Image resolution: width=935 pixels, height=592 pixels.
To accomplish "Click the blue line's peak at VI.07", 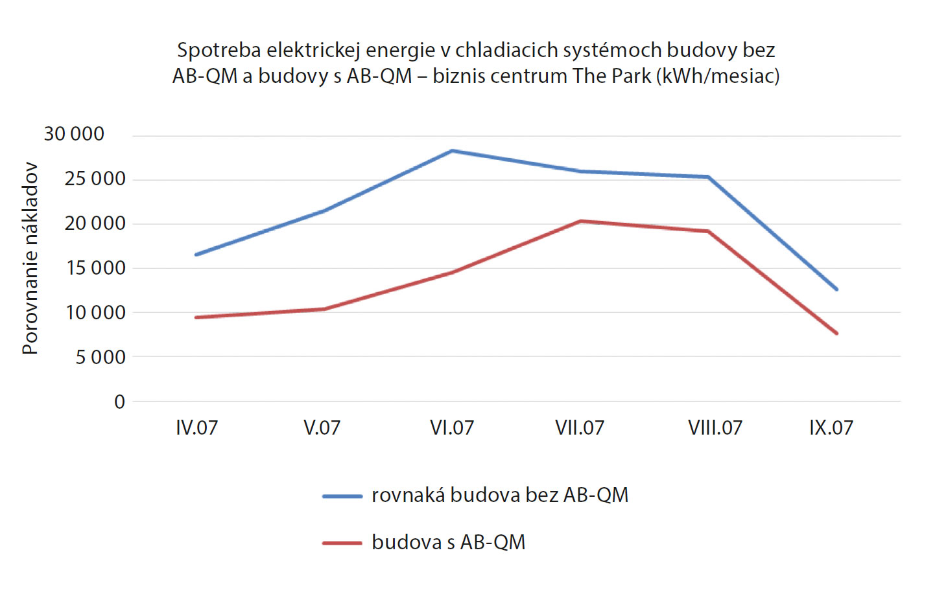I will (x=452, y=151).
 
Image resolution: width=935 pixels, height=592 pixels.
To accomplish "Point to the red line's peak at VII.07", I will (x=580, y=222).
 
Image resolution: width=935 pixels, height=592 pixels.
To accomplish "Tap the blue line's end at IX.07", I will (x=836, y=289).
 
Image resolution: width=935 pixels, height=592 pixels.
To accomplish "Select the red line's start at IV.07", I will (x=196, y=317).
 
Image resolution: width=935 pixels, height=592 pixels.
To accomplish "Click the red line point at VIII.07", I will (x=708, y=231).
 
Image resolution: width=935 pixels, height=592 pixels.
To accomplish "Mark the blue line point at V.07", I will (x=324, y=211).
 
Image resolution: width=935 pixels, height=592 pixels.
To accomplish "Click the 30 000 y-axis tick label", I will (x=74, y=134).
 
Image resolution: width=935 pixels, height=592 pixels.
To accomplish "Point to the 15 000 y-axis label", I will (x=95, y=268).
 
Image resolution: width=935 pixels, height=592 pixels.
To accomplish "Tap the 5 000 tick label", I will (x=101, y=357).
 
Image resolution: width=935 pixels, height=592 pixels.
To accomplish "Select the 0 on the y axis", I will (x=119, y=402).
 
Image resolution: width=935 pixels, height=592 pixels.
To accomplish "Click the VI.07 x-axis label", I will (x=452, y=428).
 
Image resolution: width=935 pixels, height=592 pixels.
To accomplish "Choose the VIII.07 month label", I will (x=715, y=428).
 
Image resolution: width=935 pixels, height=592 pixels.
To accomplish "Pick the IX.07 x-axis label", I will (x=831, y=428).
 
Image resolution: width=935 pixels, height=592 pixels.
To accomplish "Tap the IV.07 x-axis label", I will (x=196, y=428).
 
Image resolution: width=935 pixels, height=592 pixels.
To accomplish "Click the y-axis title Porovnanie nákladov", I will (x=30, y=258).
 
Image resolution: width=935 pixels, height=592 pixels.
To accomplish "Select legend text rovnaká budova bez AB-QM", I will (x=499, y=495).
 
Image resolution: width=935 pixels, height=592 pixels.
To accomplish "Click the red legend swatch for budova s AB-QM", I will (x=342, y=543).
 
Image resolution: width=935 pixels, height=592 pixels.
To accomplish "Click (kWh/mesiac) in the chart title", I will (x=718, y=76).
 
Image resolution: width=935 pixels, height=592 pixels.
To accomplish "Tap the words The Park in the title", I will (x=612, y=76).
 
